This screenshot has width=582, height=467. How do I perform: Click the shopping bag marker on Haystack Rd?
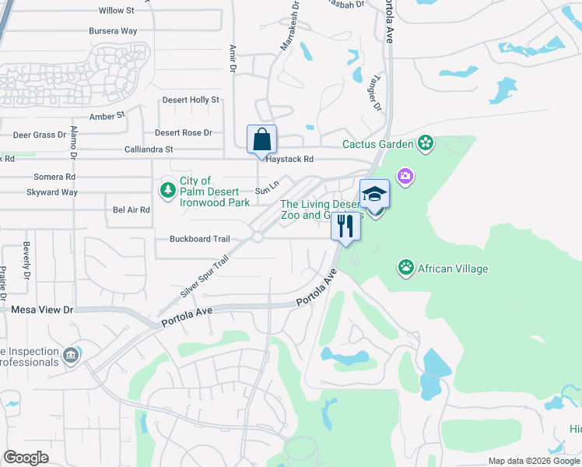(x=262, y=140)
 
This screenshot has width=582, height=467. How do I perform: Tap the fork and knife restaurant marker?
(x=345, y=226)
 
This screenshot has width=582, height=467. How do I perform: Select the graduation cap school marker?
(x=374, y=194)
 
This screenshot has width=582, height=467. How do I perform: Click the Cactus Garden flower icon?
(x=425, y=142)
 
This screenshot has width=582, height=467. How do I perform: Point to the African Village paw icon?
(x=405, y=269)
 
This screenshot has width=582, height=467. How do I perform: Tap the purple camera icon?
(x=405, y=177)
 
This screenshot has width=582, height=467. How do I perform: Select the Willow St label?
(x=117, y=11)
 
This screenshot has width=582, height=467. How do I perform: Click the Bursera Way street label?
(x=113, y=31)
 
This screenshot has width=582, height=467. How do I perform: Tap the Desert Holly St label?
(x=191, y=100)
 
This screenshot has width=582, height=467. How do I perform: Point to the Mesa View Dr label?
(x=42, y=310)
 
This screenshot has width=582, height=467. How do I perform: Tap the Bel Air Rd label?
(x=131, y=210)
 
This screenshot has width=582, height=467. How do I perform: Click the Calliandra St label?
(x=149, y=149)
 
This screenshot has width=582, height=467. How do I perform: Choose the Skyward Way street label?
(x=52, y=192)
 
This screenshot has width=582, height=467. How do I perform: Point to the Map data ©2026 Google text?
(x=533, y=461)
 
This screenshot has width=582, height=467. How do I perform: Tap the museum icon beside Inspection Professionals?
(x=72, y=356)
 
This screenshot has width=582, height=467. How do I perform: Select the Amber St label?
(x=107, y=116)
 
